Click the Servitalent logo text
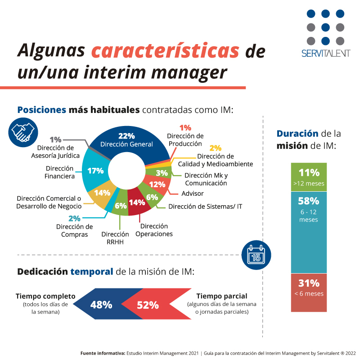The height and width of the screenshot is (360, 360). (326, 53)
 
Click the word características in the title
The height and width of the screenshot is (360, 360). (165, 51)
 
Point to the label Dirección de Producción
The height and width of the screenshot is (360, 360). (185, 139)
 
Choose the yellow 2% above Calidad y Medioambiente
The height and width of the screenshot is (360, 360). (215, 148)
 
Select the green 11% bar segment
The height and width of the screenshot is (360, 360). (308, 177)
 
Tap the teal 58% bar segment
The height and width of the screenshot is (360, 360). (308, 232)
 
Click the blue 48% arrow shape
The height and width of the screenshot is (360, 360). (101, 305)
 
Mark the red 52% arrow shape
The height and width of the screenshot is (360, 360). (148, 305)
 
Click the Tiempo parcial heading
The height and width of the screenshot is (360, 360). (221, 296)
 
